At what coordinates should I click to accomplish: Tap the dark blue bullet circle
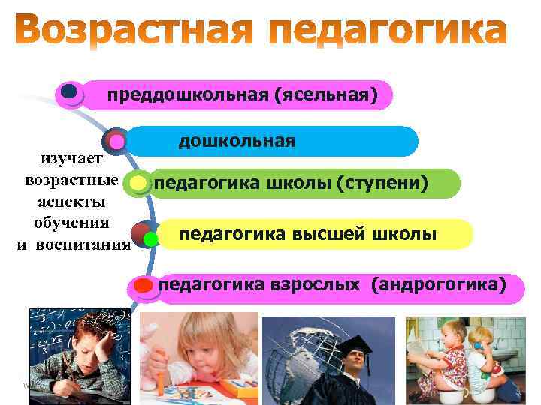71,92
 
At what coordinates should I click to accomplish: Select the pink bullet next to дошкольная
116,141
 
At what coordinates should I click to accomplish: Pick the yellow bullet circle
138,183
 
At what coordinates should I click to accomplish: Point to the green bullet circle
150,239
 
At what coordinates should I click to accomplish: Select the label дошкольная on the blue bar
237,141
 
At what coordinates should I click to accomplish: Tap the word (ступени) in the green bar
382,183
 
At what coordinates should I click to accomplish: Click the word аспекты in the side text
71,202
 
